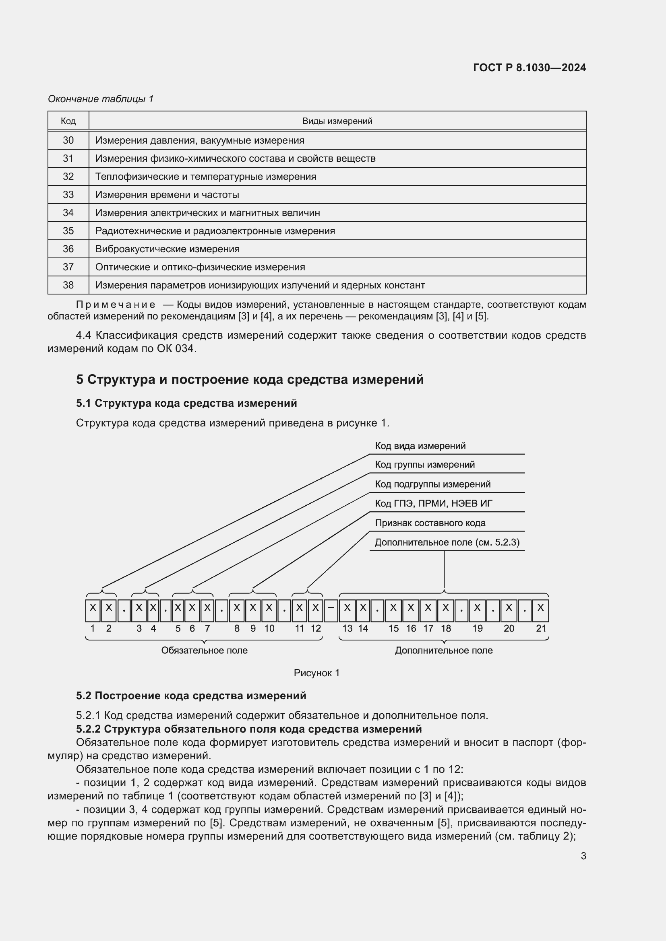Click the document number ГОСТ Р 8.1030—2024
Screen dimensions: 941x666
(x=529, y=68)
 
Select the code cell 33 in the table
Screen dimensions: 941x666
(x=68, y=195)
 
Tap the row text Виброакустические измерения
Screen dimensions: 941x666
(x=168, y=249)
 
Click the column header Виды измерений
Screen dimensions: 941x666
(x=337, y=121)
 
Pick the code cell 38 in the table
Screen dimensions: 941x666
(x=68, y=285)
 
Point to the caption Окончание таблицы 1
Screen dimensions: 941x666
(x=101, y=99)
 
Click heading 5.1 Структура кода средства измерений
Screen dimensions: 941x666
(x=186, y=403)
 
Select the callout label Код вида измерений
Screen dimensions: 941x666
(x=420, y=446)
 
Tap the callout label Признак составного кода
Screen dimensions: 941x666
(x=430, y=523)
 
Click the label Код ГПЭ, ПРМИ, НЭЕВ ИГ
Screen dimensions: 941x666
(x=433, y=504)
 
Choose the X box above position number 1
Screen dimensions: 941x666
(x=93, y=611)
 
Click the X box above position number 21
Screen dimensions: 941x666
(x=540, y=611)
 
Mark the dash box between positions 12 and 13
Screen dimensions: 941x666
(x=331, y=611)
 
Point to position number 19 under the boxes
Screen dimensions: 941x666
(x=478, y=629)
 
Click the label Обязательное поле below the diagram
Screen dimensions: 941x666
(x=204, y=651)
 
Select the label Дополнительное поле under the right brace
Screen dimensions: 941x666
(x=444, y=651)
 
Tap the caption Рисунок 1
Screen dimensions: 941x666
(x=316, y=673)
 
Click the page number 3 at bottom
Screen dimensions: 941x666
(x=583, y=856)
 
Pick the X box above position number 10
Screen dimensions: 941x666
(x=269, y=611)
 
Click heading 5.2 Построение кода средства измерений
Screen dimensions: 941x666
(x=191, y=696)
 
